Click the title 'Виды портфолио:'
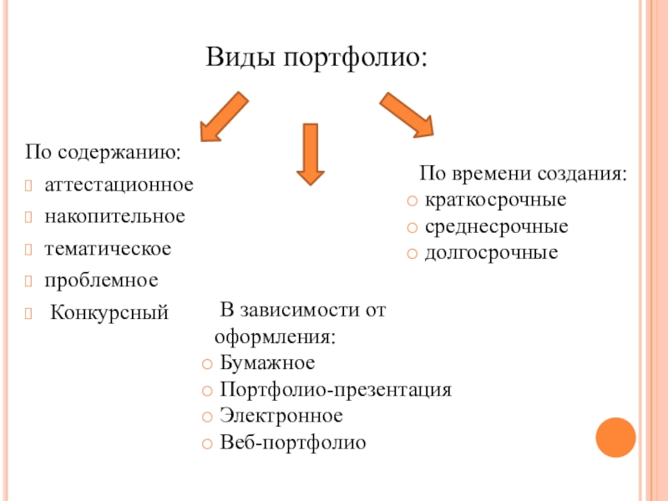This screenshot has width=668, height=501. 316,58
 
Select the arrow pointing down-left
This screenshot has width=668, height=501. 224,117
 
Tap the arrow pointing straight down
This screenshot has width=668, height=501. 311,153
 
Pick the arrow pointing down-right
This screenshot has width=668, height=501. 407,114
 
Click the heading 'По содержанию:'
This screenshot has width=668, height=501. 104,154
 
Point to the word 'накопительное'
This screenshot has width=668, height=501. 114,216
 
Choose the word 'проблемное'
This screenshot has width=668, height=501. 101,281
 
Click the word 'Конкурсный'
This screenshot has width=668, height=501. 109,313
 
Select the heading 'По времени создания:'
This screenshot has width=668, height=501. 523,175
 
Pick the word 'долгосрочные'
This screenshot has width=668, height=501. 491,251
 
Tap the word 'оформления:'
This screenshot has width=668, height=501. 276,338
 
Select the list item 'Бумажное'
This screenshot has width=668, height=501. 267,363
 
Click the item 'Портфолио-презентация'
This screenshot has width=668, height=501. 336,390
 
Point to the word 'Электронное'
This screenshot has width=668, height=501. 281,415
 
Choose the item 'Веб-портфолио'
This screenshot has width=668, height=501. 293,442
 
